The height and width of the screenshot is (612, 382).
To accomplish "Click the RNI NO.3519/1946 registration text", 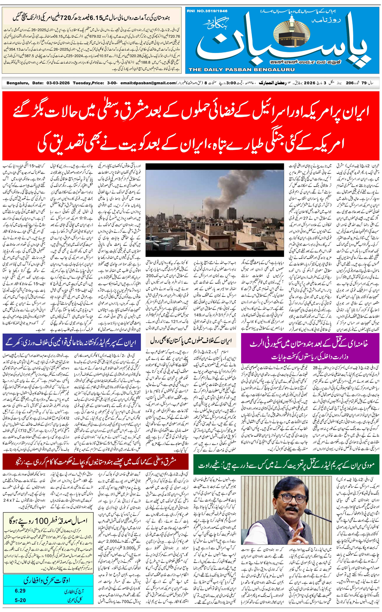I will (207, 11).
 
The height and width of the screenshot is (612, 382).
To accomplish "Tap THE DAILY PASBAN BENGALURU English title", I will (241, 69).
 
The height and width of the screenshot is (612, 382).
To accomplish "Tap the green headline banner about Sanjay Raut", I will (286, 465).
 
